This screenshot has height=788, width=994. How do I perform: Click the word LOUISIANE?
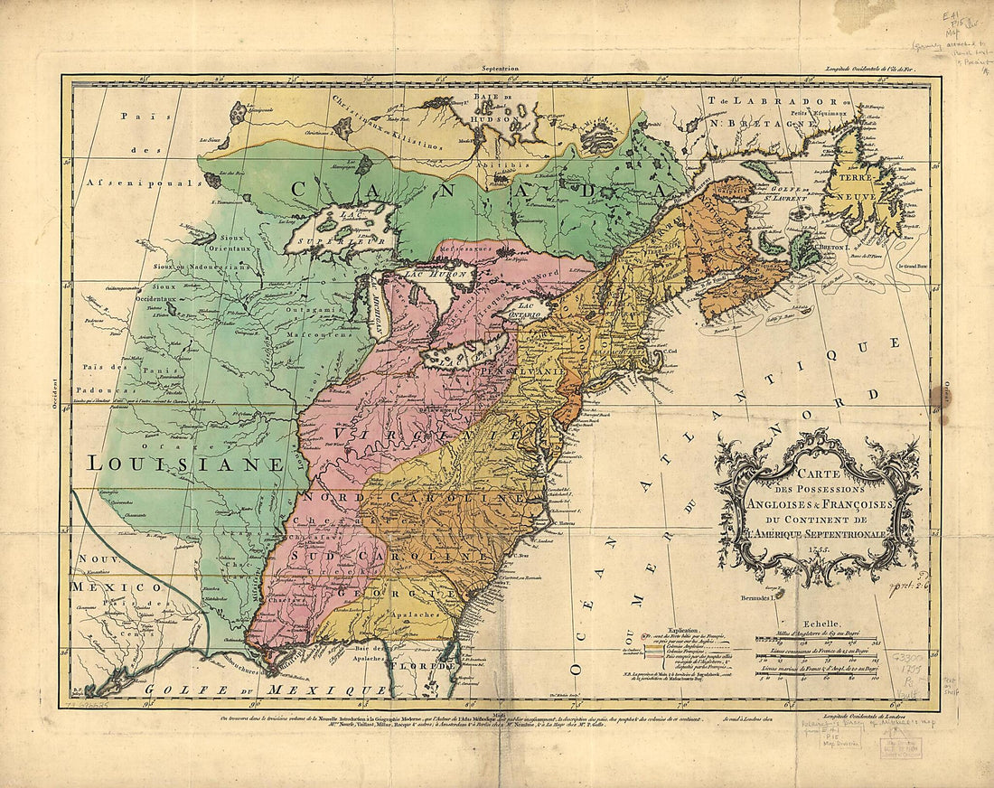(185, 464)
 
